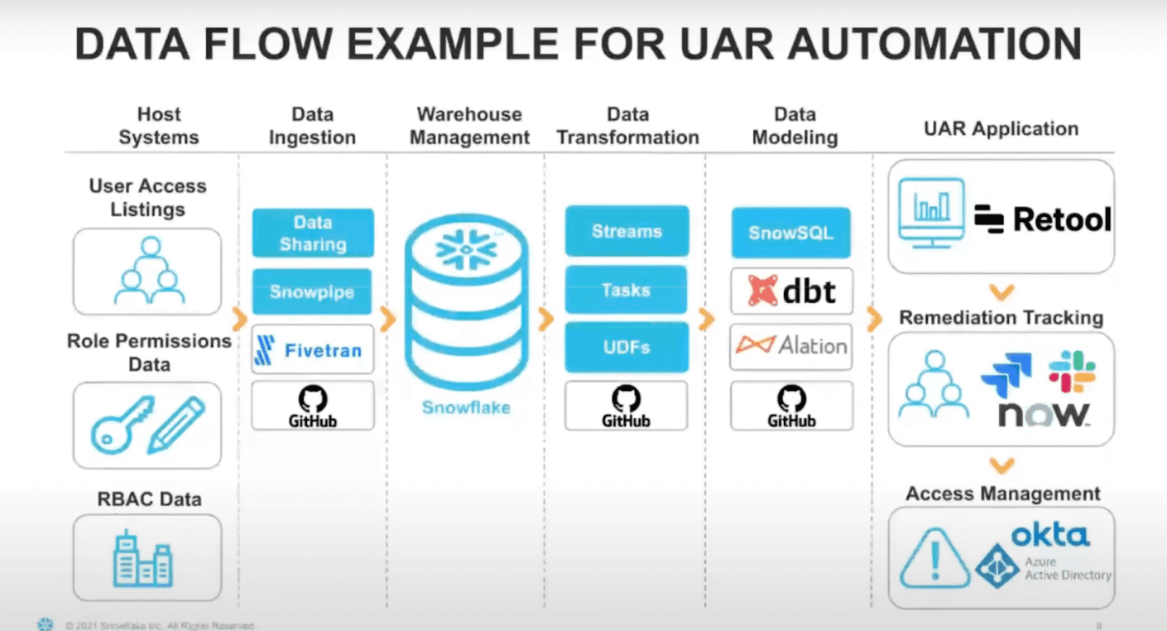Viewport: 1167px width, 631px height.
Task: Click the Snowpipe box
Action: [x=312, y=292]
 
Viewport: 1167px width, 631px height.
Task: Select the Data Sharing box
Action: [x=312, y=233]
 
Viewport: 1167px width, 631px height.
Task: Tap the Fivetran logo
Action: [x=312, y=350]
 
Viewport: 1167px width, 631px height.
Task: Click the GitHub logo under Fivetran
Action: [x=312, y=406]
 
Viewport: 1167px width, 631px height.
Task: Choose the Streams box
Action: [x=627, y=231]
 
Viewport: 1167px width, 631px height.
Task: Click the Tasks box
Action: [x=627, y=290]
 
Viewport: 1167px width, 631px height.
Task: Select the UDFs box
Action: [x=627, y=348]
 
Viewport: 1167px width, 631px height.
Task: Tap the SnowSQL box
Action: [x=790, y=233]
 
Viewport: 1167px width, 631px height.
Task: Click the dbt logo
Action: [x=790, y=291]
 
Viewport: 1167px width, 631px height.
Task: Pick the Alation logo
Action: [x=790, y=345]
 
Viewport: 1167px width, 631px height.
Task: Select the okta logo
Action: [x=1049, y=536]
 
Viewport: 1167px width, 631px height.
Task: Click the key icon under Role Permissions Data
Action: [x=122, y=425]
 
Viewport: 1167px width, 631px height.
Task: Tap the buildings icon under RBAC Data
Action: [x=145, y=559]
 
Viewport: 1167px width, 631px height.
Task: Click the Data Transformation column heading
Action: [x=627, y=126]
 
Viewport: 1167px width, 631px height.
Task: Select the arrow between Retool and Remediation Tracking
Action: [x=1001, y=292]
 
